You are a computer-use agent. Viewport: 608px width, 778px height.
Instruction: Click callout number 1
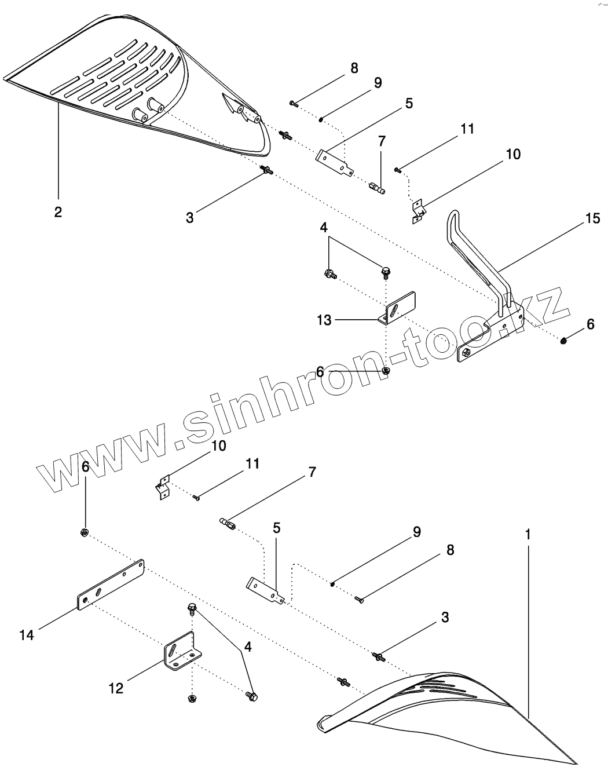pyautogui.click(x=528, y=534)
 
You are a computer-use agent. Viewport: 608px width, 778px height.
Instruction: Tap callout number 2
pyautogui.click(x=58, y=212)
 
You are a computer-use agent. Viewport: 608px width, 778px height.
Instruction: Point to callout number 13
pyautogui.click(x=324, y=319)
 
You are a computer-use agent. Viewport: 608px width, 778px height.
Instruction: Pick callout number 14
pyautogui.click(x=27, y=635)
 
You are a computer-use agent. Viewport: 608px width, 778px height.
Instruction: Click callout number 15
pyautogui.click(x=592, y=218)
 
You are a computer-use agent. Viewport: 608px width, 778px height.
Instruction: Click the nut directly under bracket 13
pyautogui.click(x=386, y=370)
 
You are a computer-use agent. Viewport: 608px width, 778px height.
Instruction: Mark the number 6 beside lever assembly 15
pyautogui.click(x=590, y=324)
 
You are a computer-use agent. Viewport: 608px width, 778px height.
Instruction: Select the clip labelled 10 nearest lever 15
pyautogui.click(x=419, y=210)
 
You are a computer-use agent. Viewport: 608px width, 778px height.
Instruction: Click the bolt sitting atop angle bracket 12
pyautogui.click(x=192, y=608)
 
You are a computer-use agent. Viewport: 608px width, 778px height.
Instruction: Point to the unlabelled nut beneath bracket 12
pyautogui.click(x=192, y=699)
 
